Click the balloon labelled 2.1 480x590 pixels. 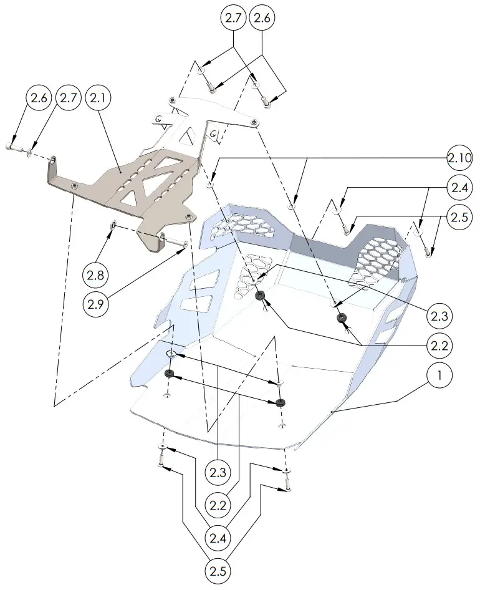click(x=100, y=99)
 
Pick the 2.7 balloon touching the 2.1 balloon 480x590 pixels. click(x=69, y=99)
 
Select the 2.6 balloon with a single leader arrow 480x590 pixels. click(x=37, y=99)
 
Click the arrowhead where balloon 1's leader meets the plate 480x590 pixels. click(x=333, y=412)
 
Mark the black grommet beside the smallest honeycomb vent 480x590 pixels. click(x=261, y=295)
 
